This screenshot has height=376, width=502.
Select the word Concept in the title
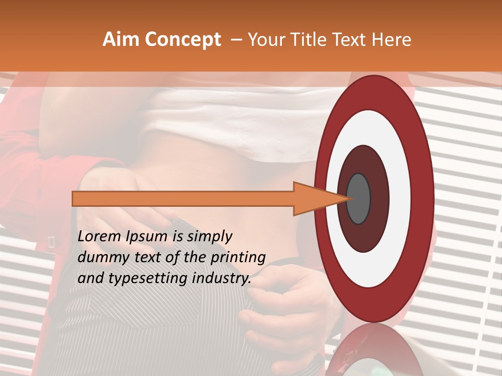[182, 40]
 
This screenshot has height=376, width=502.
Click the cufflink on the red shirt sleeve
[52, 242]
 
